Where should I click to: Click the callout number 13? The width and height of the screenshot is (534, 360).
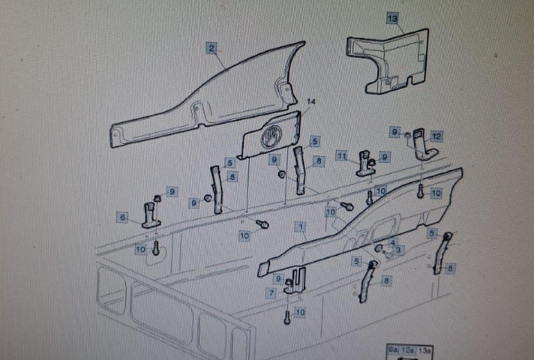coord(393,19)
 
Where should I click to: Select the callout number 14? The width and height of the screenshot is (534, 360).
coord(312,102)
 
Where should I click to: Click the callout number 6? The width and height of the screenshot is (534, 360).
coord(122,218)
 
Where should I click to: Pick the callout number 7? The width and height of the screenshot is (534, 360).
coord(272,293)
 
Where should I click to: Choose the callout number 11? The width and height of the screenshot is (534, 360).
coord(342,156)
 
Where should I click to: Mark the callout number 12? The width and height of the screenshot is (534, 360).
coord(436,137)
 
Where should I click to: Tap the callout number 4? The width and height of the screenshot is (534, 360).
coord(392,243)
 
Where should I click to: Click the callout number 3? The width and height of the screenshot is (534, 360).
coord(398,250)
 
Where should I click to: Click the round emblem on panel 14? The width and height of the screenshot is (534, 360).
coord(270,139)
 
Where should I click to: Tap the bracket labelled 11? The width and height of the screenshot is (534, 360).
coord(366,164)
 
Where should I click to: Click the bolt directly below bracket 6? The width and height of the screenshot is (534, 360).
coord(156,248)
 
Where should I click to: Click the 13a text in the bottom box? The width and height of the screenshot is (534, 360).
coord(424,350)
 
